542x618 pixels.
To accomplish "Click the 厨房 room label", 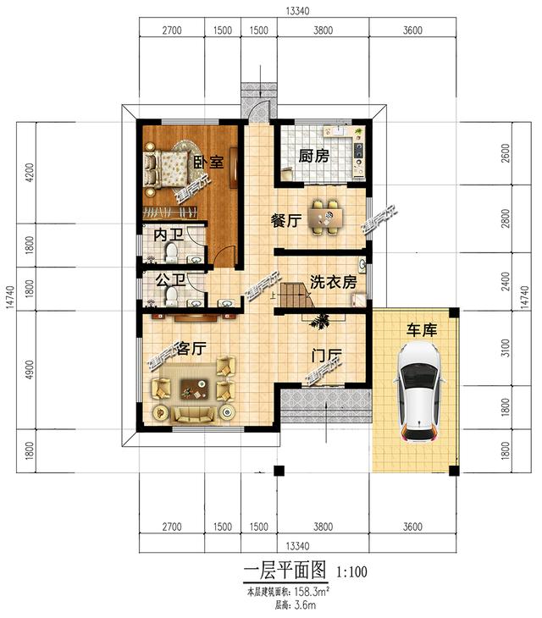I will point(313,157).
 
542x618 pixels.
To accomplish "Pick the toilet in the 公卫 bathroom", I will point(171,295).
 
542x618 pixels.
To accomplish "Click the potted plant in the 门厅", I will point(321,321).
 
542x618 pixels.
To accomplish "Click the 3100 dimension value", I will point(506,347).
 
